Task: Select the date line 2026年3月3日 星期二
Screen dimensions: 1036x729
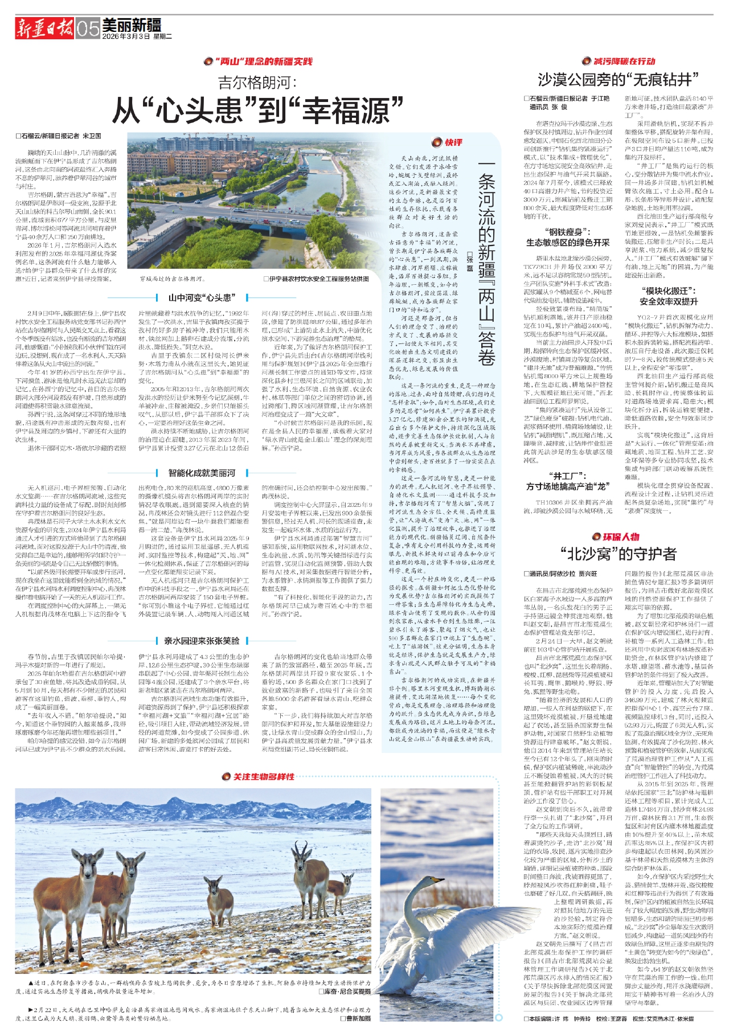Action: point(137,36)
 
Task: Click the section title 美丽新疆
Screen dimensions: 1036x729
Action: point(132,24)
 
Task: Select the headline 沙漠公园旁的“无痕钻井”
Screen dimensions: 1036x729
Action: point(618,79)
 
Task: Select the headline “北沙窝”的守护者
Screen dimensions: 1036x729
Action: point(618,554)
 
